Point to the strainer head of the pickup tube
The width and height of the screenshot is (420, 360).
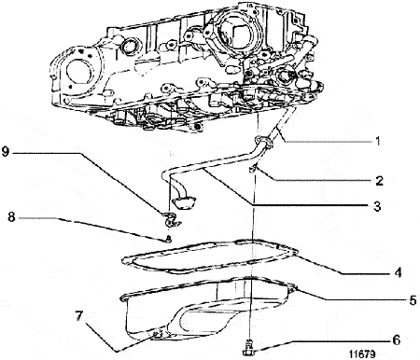183,197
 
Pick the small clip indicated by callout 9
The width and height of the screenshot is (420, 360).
169,219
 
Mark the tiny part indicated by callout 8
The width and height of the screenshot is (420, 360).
166,238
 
